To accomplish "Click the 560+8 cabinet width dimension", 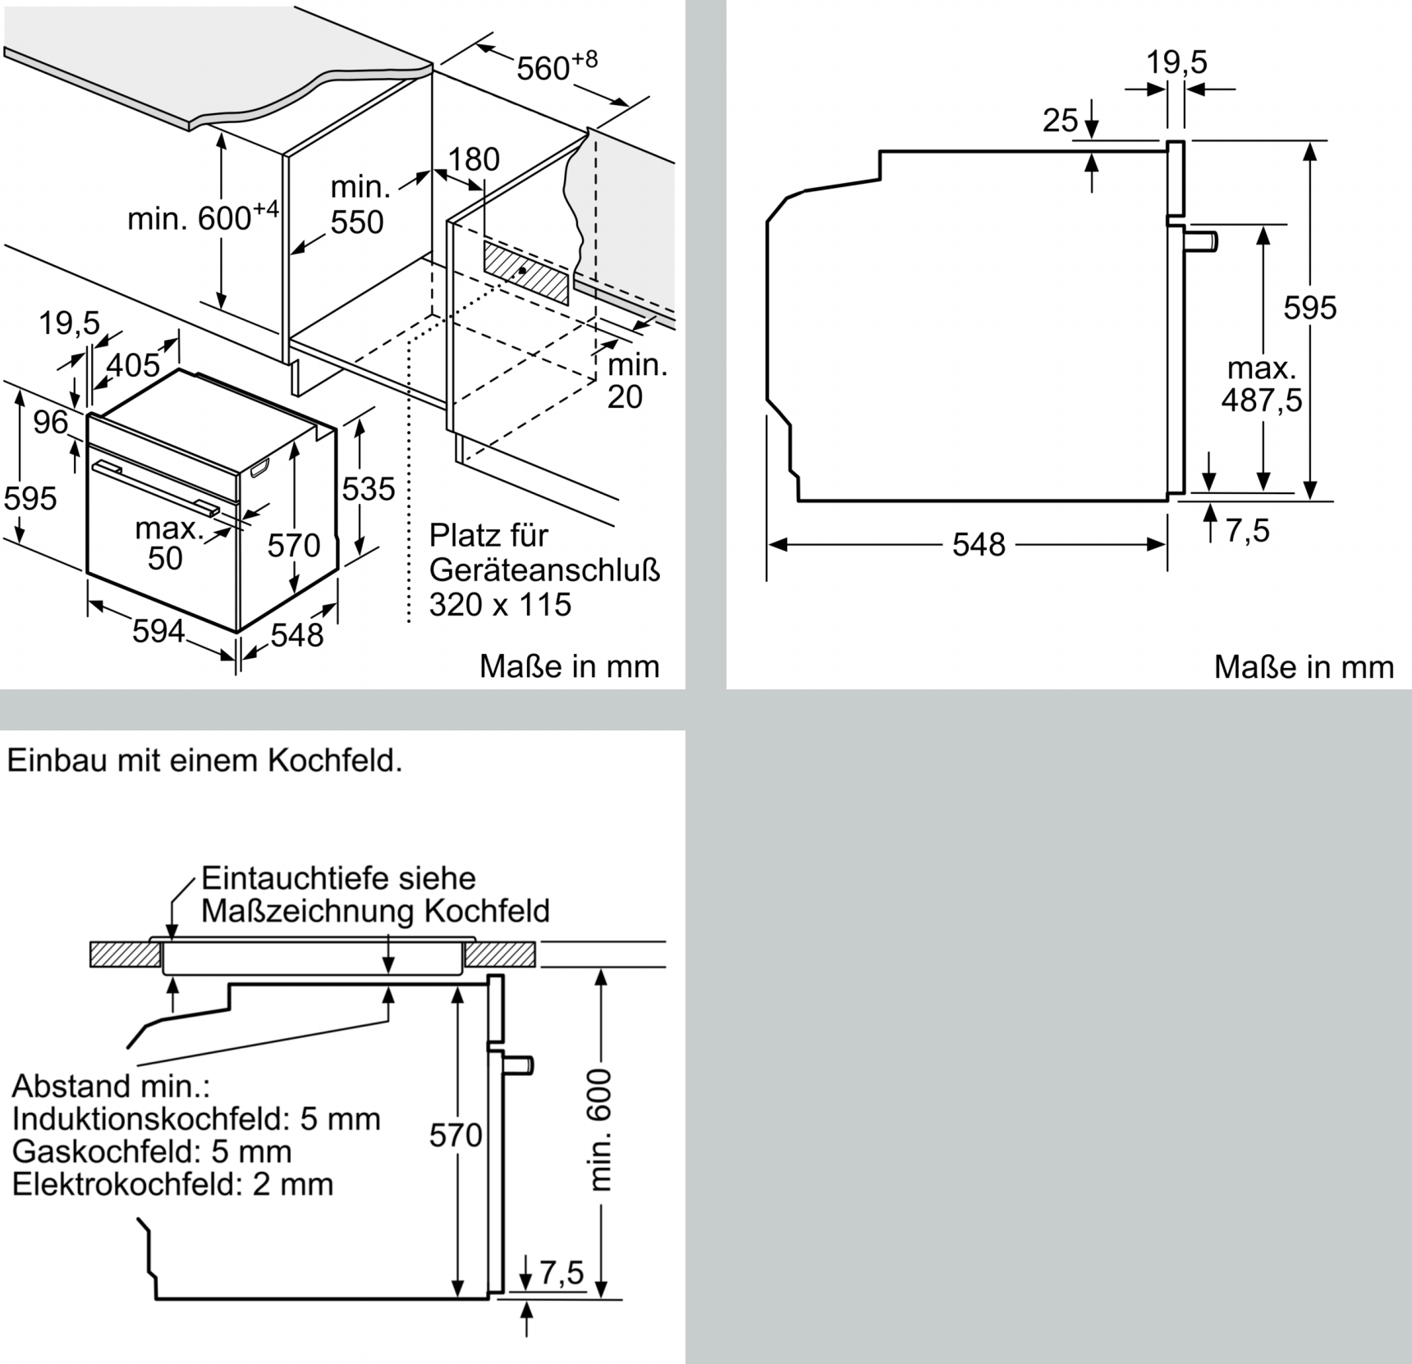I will pos(555,66).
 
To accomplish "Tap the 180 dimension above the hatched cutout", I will pos(474,159).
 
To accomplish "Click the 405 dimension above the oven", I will pos(133,364).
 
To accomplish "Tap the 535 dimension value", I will pos(369,489).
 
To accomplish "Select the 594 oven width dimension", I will pos(158,630).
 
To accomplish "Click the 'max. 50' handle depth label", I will pos(168,542).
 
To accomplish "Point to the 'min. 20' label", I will pos(636,381).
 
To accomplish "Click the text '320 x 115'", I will pos(500,605).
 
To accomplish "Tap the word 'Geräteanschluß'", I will pos(544,570).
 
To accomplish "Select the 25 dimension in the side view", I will pos(1060,121).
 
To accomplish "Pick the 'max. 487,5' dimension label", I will pos(1262,384).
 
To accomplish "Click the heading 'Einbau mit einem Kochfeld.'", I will pos(204,761).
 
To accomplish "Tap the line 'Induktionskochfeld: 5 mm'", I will pos(196,1119).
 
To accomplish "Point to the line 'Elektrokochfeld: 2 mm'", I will pos(172,1184).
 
